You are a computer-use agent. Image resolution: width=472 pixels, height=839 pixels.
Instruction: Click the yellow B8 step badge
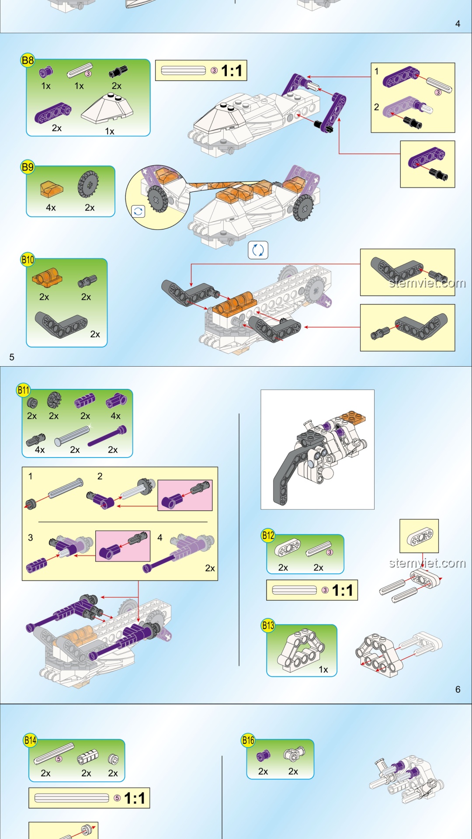[x=28, y=60]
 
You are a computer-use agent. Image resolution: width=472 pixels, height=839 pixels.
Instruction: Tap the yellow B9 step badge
[x=28, y=167]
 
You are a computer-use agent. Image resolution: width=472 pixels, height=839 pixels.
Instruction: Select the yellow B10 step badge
[x=28, y=260]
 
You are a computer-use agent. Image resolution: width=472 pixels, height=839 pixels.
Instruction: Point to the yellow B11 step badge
[x=23, y=390]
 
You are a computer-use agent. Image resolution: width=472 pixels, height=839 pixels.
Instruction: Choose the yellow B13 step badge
[x=268, y=625]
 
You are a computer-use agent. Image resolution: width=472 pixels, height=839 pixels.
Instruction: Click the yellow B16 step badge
[x=248, y=740]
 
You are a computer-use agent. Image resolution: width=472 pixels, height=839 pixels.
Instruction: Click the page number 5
[x=12, y=357]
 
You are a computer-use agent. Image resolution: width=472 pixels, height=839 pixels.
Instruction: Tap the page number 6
[x=458, y=690]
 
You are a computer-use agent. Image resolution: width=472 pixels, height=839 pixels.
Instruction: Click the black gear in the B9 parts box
[x=88, y=184]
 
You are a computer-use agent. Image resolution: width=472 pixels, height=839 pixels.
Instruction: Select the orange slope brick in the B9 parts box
[x=52, y=189]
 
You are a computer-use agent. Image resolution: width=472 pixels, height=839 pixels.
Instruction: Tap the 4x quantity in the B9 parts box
[x=51, y=208]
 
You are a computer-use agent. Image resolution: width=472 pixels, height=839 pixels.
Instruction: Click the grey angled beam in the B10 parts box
[x=61, y=325]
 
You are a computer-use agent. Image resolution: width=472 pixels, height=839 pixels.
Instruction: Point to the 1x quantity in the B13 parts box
[x=323, y=669]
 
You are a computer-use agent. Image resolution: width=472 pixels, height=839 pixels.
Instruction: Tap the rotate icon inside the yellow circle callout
[x=138, y=211]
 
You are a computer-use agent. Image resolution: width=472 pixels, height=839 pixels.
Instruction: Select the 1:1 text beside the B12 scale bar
[x=343, y=590]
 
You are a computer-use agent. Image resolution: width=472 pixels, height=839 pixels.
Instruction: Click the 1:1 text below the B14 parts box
[x=135, y=798]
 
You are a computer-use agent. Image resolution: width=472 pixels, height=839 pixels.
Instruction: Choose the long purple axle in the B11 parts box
[x=108, y=436]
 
